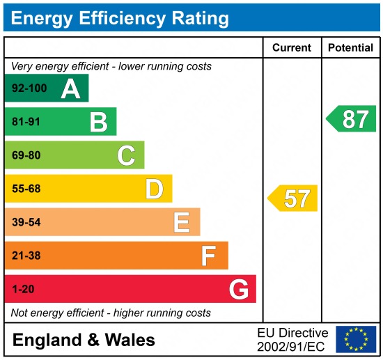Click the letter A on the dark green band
click(70, 88)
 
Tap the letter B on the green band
click(98, 122)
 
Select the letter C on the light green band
click(126, 155)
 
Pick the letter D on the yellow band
click(154, 189)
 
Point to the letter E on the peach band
click(181, 222)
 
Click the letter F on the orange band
click(208, 256)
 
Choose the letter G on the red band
click(238, 289)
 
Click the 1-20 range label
click(22, 289)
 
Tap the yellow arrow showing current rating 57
click(293, 198)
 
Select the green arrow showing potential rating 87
click(352, 119)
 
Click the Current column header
click(291, 48)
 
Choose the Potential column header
click(350, 48)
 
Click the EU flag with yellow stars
click(355, 339)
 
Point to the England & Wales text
click(84, 341)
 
